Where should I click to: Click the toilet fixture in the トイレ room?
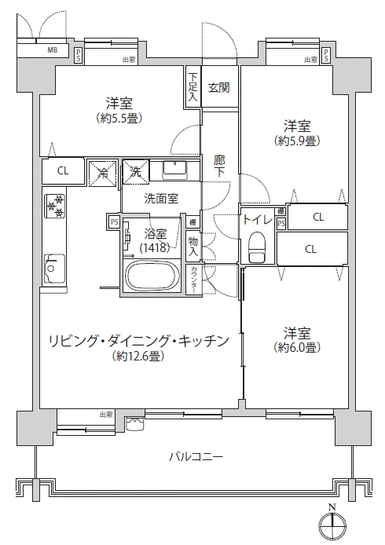pyautogui.click(x=257, y=247)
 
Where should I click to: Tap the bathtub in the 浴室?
pyautogui.click(x=152, y=276)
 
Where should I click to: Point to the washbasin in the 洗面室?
pyautogui.click(x=175, y=170)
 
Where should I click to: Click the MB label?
pyautogui.click(x=53, y=49)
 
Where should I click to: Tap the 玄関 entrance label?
pyautogui.click(x=219, y=87)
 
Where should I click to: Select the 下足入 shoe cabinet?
pyautogui.click(x=193, y=87)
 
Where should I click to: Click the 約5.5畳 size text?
pyautogui.click(x=119, y=119)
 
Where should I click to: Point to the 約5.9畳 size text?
pyautogui.click(x=297, y=141)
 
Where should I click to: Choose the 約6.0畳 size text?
pyautogui.click(x=297, y=347)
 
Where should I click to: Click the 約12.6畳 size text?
pyautogui.click(x=138, y=356)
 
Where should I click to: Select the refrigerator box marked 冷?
pyautogui.click(x=103, y=173)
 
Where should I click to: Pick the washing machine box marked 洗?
pyautogui.click(x=136, y=171)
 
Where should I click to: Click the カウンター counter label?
pyautogui.click(x=194, y=280)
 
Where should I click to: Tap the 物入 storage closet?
pyautogui.click(x=193, y=247)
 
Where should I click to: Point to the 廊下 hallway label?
pyautogui.click(x=219, y=166)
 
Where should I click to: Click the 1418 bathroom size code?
pyautogui.click(x=155, y=247)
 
